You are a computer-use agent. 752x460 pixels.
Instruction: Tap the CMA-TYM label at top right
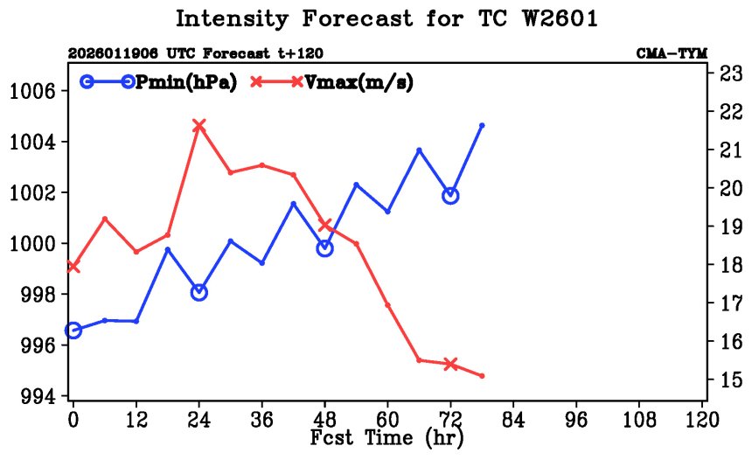(x=672, y=53)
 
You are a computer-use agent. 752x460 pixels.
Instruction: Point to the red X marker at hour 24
(x=199, y=126)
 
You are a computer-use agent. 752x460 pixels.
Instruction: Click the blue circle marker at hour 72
(x=451, y=196)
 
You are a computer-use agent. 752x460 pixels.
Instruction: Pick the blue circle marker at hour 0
(x=73, y=331)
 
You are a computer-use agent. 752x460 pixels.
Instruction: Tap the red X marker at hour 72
(x=451, y=364)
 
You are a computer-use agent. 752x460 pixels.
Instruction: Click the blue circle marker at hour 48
(x=325, y=248)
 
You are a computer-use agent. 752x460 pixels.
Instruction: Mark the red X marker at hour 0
(x=73, y=267)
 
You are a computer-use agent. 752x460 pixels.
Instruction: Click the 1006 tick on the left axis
(x=35, y=91)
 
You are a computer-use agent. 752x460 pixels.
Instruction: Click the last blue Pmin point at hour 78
(x=482, y=126)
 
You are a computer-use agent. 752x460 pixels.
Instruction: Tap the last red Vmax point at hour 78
(x=482, y=376)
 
